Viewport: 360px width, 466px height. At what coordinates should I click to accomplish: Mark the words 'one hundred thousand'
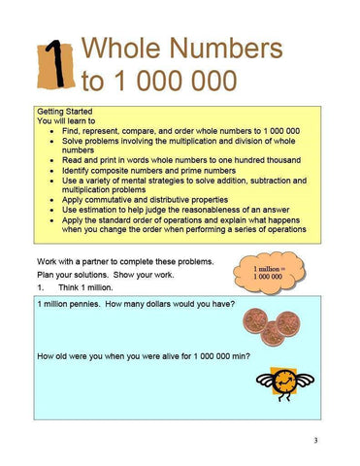click(x=254, y=159)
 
